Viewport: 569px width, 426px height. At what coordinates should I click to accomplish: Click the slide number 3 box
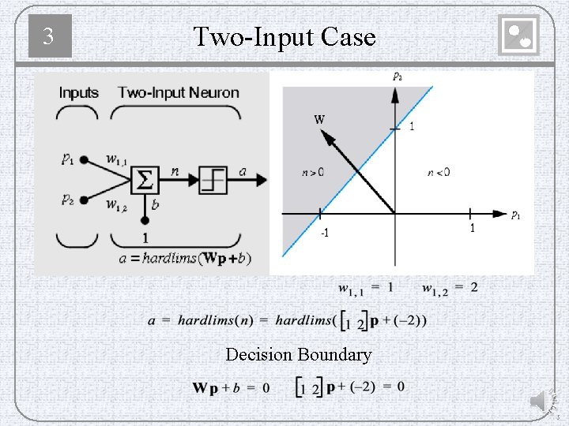click(x=50, y=36)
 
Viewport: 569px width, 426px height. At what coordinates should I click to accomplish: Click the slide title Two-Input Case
click(x=284, y=36)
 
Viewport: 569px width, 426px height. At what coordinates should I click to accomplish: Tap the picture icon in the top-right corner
click(x=519, y=36)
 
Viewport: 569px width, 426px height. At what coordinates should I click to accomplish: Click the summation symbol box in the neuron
click(x=145, y=181)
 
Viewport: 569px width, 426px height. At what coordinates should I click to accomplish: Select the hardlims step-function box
click(x=213, y=181)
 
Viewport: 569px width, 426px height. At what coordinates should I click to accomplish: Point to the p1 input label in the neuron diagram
click(x=69, y=159)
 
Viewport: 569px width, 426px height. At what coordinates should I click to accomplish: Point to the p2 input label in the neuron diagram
click(x=69, y=200)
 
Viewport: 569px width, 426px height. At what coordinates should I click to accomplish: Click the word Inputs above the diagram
click(x=79, y=93)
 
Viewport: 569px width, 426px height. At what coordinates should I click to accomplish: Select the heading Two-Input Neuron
click(x=179, y=93)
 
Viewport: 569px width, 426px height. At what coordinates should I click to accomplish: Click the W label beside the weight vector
click(x=319, y=120)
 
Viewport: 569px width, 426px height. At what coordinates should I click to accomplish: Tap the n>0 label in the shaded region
click(x=312, y=172)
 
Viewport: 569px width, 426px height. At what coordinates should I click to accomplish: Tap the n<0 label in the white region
click(x=438, y=172)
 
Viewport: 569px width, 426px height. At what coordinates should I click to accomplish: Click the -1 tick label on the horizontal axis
click(x=324, y=234)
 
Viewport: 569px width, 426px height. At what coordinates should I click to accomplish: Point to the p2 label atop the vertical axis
click(x=397, y=77)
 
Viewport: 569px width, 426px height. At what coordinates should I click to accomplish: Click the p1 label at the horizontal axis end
click(x=515, y=215)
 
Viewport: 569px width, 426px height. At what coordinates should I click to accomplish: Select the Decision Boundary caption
click(x=298, y=355)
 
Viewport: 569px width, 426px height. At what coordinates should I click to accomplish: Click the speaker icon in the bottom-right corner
click(x=540, y=402)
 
